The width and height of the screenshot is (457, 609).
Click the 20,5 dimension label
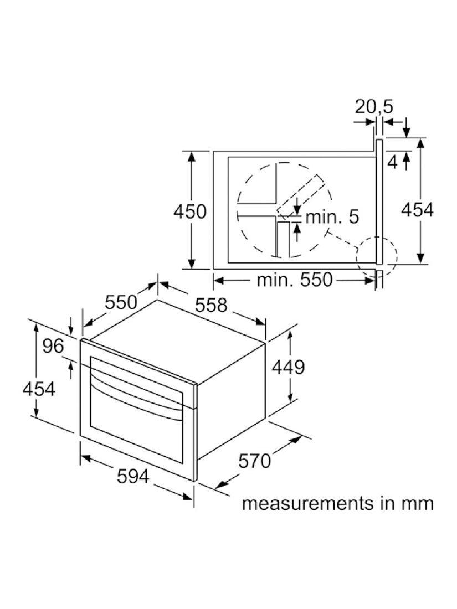[x=373, y=107]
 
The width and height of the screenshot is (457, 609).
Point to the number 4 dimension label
[x=393, y=162]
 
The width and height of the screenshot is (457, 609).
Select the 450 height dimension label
[x=189, y=212]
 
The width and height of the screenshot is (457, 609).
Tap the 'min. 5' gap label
[x=332, y=216]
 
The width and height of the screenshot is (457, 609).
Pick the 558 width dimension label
[x=210, y=305]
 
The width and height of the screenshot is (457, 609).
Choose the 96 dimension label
[x=53, y=346]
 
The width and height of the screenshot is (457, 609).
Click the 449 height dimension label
[x=287, y=367]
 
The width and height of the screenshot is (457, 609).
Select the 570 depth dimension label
[x=254, y=461]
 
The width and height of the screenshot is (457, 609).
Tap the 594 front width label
[x=133, y=476]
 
